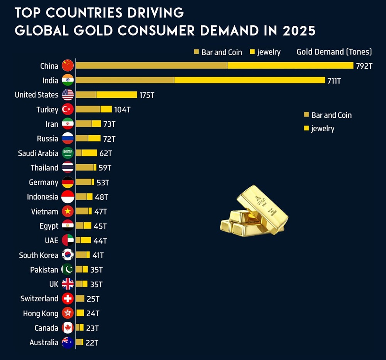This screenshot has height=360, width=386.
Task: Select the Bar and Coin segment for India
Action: click(125, 80)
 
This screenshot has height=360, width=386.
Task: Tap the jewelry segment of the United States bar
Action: click(117, 95)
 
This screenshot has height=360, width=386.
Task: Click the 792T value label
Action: click(364, 66)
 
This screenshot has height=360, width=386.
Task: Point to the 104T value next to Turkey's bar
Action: click(122, 110)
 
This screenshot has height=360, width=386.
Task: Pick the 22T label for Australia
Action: click(91, 343)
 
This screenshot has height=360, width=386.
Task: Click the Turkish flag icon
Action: click(68, 109)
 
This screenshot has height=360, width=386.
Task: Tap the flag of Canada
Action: click(68, 328)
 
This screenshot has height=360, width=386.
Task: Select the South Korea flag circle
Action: click(68, 255)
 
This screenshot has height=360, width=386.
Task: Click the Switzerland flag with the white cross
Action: click(68, 299)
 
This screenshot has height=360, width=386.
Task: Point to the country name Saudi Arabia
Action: click(38, 153)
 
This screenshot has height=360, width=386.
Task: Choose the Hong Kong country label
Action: click(41, 313)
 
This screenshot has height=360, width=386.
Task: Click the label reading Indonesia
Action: click(42, 197)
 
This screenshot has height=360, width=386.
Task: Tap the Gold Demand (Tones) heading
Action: click(334, 52)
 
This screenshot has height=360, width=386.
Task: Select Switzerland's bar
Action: click(80, 299)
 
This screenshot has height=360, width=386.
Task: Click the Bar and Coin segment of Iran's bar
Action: click(84, 124)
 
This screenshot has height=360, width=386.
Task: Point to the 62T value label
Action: click(105, 153)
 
